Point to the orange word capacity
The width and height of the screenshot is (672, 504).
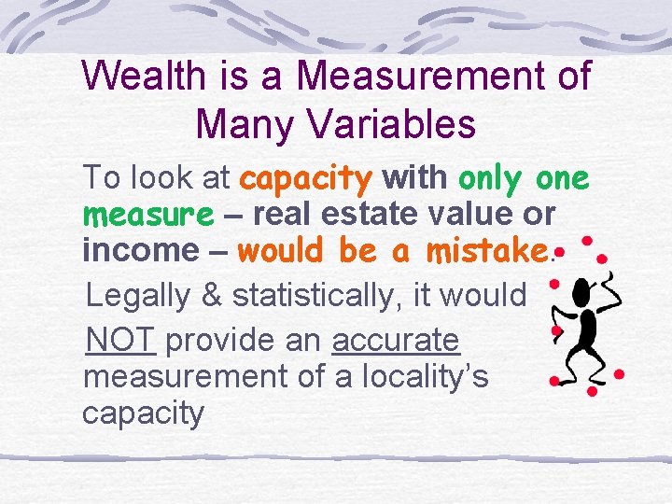306,177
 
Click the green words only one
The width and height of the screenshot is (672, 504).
524,177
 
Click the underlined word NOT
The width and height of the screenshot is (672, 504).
119,340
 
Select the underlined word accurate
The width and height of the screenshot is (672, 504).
396,340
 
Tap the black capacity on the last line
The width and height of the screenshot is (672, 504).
143,413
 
